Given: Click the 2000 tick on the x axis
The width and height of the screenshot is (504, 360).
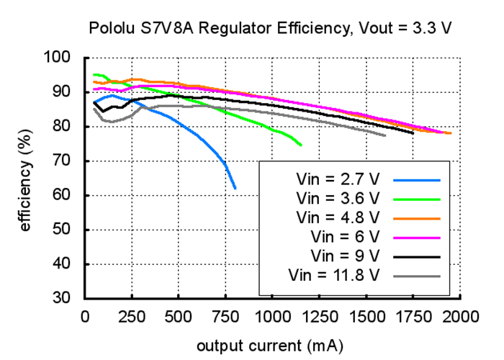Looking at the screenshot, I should pyautogui.click(x=461, y=316).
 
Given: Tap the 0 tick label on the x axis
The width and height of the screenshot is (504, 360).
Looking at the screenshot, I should pyautogui.click(x=86, y=316).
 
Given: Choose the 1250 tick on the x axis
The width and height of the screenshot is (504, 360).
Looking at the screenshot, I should pyautogui.click(x=320, y=316).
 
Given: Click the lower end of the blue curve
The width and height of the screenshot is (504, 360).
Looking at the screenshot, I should pyautogui.click(x=235, y=188).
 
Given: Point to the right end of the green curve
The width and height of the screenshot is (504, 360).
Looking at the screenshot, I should pyautogui.click(x=301, y=145).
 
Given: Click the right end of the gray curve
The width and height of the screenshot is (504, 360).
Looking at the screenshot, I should pyautogui.click(x=385, y=135).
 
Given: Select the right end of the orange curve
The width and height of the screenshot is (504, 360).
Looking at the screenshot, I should pyautogui.click(x=451, y=133).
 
